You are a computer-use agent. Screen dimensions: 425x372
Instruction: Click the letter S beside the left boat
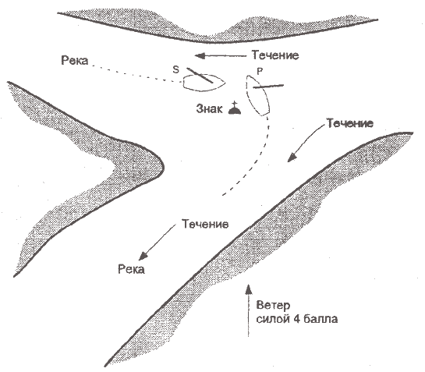[176, 69]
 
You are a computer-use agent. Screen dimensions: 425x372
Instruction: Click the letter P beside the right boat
[260, 71]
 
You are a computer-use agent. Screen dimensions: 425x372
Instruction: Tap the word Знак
[209, 108]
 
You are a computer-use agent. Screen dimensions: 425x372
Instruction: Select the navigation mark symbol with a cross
[235, 108]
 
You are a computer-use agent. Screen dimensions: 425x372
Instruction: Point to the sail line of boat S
[200, 75]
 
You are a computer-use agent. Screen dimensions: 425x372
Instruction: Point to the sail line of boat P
[268, 87]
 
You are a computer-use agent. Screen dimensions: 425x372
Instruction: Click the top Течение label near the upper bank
[275, 55]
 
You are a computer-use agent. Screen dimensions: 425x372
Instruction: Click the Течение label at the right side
[349, 123]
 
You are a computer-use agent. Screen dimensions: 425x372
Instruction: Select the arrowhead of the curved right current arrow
[292, 158]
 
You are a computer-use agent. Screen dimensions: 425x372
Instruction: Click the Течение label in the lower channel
[205, 225]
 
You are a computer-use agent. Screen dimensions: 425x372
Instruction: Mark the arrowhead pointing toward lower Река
[143, 256]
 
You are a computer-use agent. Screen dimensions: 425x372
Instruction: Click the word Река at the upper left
[75, 61]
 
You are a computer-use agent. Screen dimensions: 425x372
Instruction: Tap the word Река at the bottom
[132, 270]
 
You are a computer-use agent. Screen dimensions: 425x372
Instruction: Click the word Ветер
[273, 306]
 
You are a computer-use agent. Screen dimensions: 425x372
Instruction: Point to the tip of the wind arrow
[248, 285]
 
